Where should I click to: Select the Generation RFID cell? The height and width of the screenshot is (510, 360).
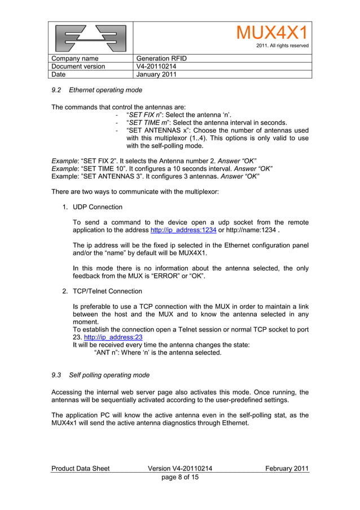click(161, 59)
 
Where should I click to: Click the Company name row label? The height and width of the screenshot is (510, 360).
click(74, 59)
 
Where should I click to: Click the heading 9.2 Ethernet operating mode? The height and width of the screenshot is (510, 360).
click(96, 90)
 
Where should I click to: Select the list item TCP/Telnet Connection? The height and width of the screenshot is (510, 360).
click(107, 291)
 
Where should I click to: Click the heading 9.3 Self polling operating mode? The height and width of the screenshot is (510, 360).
click(100, 375)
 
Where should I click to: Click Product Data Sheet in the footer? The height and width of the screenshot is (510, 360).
click(80, 468)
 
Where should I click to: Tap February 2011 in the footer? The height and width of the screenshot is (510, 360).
click(287, 468)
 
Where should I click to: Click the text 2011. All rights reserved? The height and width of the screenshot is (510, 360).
click(282, 46)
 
